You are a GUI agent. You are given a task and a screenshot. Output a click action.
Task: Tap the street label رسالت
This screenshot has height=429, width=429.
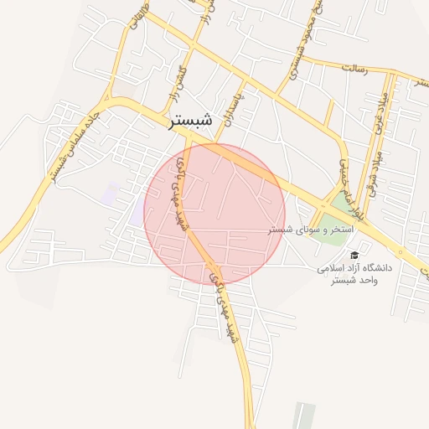[354, 68]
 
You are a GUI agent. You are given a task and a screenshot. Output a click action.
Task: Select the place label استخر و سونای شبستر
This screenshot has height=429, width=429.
[311, 229]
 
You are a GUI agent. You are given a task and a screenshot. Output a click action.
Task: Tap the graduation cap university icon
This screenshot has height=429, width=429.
[354, 255]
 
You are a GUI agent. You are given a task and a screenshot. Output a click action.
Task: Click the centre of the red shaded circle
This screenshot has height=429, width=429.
[214, 214]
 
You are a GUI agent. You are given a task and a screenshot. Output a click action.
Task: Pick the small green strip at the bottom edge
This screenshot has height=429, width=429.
[303, 416]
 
